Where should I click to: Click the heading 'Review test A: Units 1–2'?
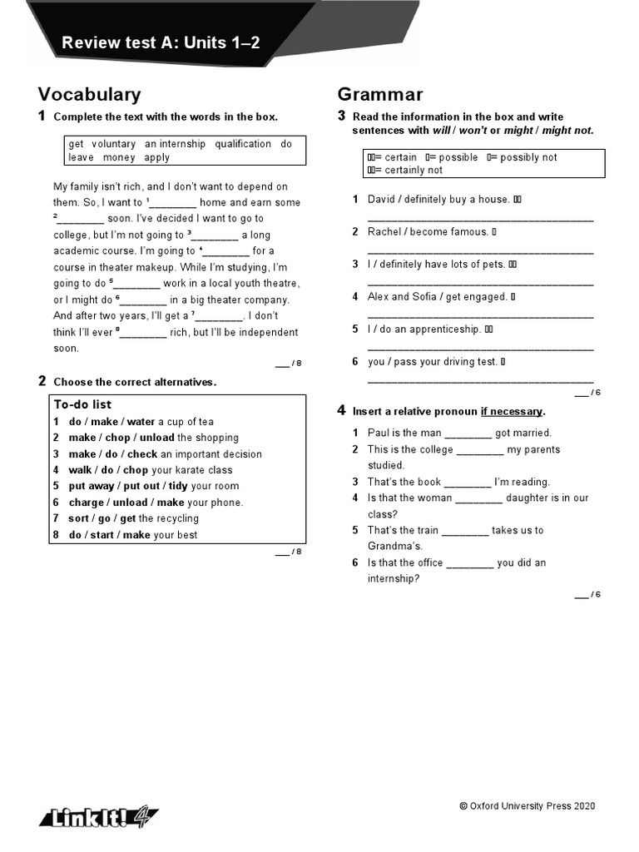(x=161, y=42)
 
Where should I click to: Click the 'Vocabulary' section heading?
(x=89, y=95)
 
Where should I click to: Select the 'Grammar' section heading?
(x=380, y=95)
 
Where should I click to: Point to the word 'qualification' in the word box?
(x=243, y=144)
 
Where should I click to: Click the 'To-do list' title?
(x=82, y=404)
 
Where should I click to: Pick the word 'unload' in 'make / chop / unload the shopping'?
(x=157, y=438)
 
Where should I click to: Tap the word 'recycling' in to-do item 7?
(x=181, y=518)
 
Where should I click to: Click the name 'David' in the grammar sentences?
(x=382, y=200)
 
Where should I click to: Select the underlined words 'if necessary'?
(x=511, y=411)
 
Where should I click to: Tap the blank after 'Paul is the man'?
(x=468, y=433)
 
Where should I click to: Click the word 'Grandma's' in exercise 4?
(x=395, y=547)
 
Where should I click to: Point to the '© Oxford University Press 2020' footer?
(x=527, y=806)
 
